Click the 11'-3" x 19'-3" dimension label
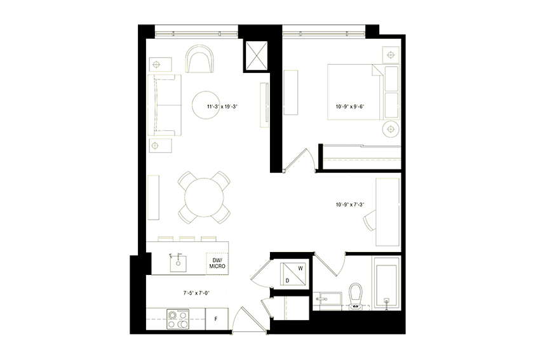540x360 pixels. [222, 107]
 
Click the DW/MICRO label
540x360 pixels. [218, 263]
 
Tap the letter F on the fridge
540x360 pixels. [217, 318]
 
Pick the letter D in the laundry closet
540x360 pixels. [288, 279]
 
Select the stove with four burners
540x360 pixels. [177, 319]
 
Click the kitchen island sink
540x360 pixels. [179, 261]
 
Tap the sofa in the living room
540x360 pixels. [163, 105]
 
